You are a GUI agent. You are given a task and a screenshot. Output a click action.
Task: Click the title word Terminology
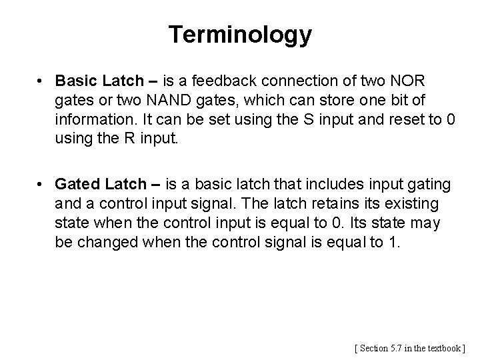point(240,35)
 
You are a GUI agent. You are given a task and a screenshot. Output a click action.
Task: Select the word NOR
point(407,81)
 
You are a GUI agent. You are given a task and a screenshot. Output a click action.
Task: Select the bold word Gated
point(79,183)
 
